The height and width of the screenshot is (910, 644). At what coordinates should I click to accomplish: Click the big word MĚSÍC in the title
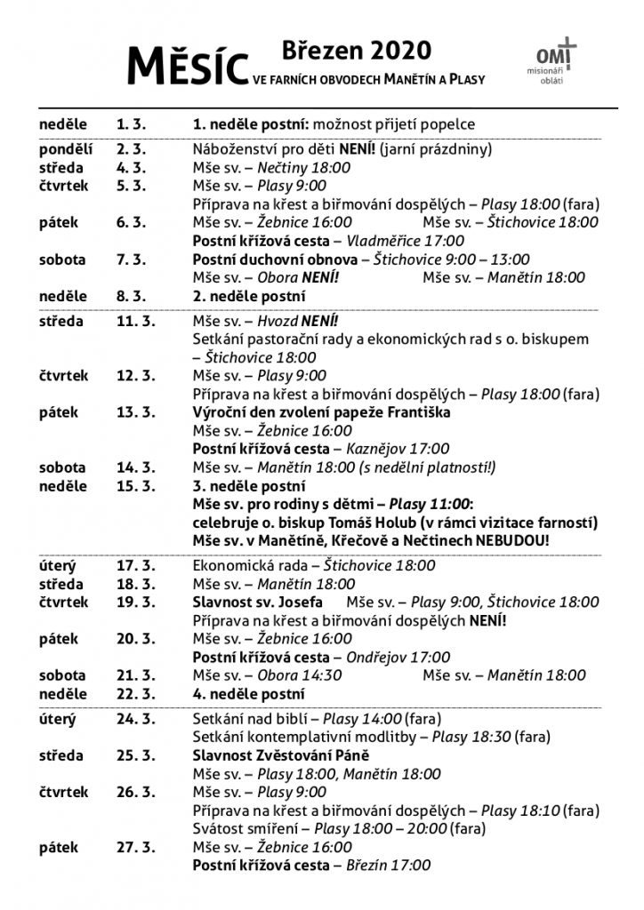187,66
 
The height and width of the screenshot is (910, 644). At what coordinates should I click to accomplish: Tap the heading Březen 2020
357,48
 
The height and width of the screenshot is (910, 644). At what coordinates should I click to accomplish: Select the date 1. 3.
130,124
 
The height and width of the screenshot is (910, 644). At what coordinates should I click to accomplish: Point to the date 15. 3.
134,486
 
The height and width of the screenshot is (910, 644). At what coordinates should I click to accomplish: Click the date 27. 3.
134,847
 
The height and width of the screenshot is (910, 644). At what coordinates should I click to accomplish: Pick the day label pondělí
66,149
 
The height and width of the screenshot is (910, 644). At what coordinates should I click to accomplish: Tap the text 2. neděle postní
249,296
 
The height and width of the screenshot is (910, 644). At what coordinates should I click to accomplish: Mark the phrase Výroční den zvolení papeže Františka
322,412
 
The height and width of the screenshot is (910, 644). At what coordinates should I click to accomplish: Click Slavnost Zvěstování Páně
281,755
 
